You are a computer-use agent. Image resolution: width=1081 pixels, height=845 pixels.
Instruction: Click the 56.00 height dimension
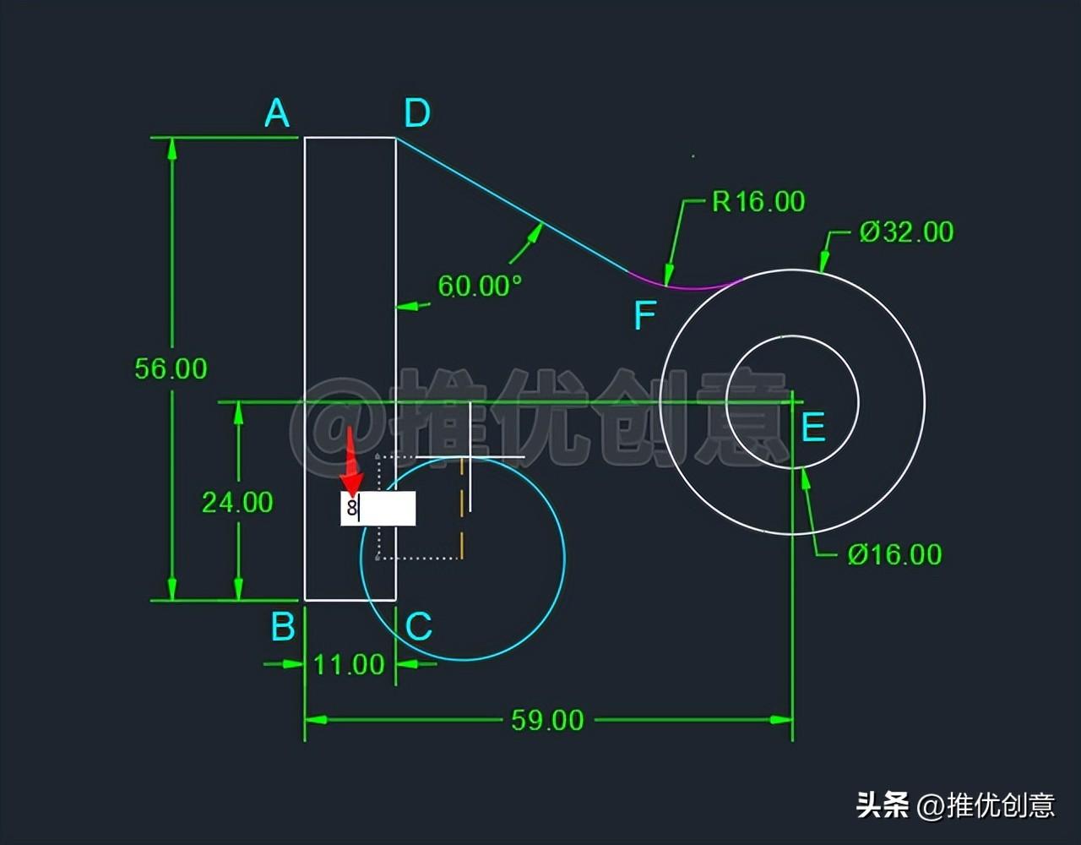[171, 368]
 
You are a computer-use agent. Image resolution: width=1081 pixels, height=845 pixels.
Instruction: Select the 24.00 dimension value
[237, 503]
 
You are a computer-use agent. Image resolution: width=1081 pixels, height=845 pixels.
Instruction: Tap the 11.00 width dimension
[349, 665]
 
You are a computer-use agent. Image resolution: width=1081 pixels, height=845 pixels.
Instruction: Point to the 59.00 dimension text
[547, 720]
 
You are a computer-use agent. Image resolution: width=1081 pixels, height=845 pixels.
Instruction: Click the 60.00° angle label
[479, 286]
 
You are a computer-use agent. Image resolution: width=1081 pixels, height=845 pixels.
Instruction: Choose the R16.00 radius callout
[758, 201]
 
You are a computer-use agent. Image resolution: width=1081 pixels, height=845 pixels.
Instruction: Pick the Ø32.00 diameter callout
[906, 232]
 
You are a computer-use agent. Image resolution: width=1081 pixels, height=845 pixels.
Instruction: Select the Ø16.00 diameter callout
[894, 554]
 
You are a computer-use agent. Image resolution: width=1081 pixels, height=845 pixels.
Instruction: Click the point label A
[277, 112]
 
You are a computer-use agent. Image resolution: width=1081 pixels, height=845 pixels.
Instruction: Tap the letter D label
[416, 112]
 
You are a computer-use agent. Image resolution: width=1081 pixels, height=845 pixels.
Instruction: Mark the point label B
[283, 628]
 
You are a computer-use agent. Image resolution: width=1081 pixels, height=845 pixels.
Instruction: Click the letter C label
[419, 628]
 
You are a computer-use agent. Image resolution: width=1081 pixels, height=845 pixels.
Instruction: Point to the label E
[812, 428]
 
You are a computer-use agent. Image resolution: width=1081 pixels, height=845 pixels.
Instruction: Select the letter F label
[644, 316]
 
